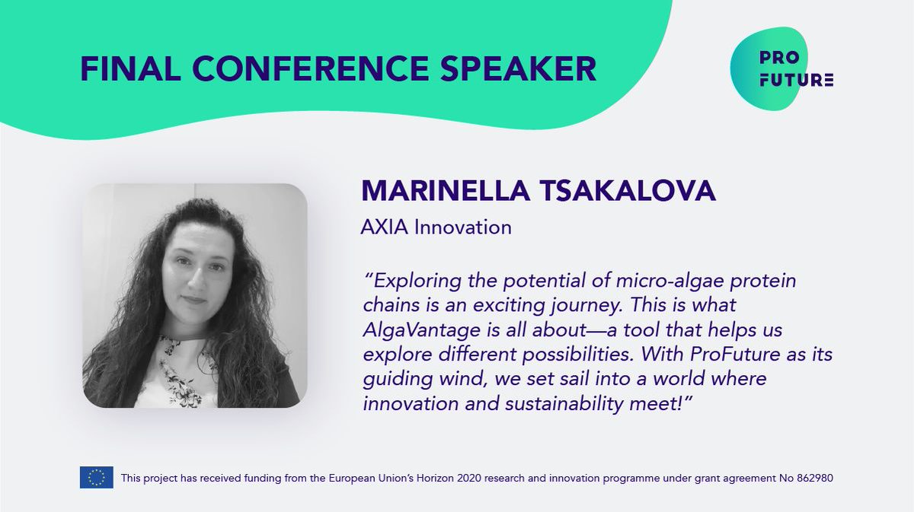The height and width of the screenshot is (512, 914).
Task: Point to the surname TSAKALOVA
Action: pyautogui.click(x=637, y=190)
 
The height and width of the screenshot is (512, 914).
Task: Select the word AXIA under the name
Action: pyautogui.click(x=385, y=227)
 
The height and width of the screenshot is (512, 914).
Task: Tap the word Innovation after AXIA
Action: pyautogui.click(x=463, y=227)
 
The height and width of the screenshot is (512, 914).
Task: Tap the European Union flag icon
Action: pyautogui.click(x=96, y=478)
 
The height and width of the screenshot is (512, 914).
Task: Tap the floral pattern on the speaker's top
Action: pyautogui.click(x=176, y=373)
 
